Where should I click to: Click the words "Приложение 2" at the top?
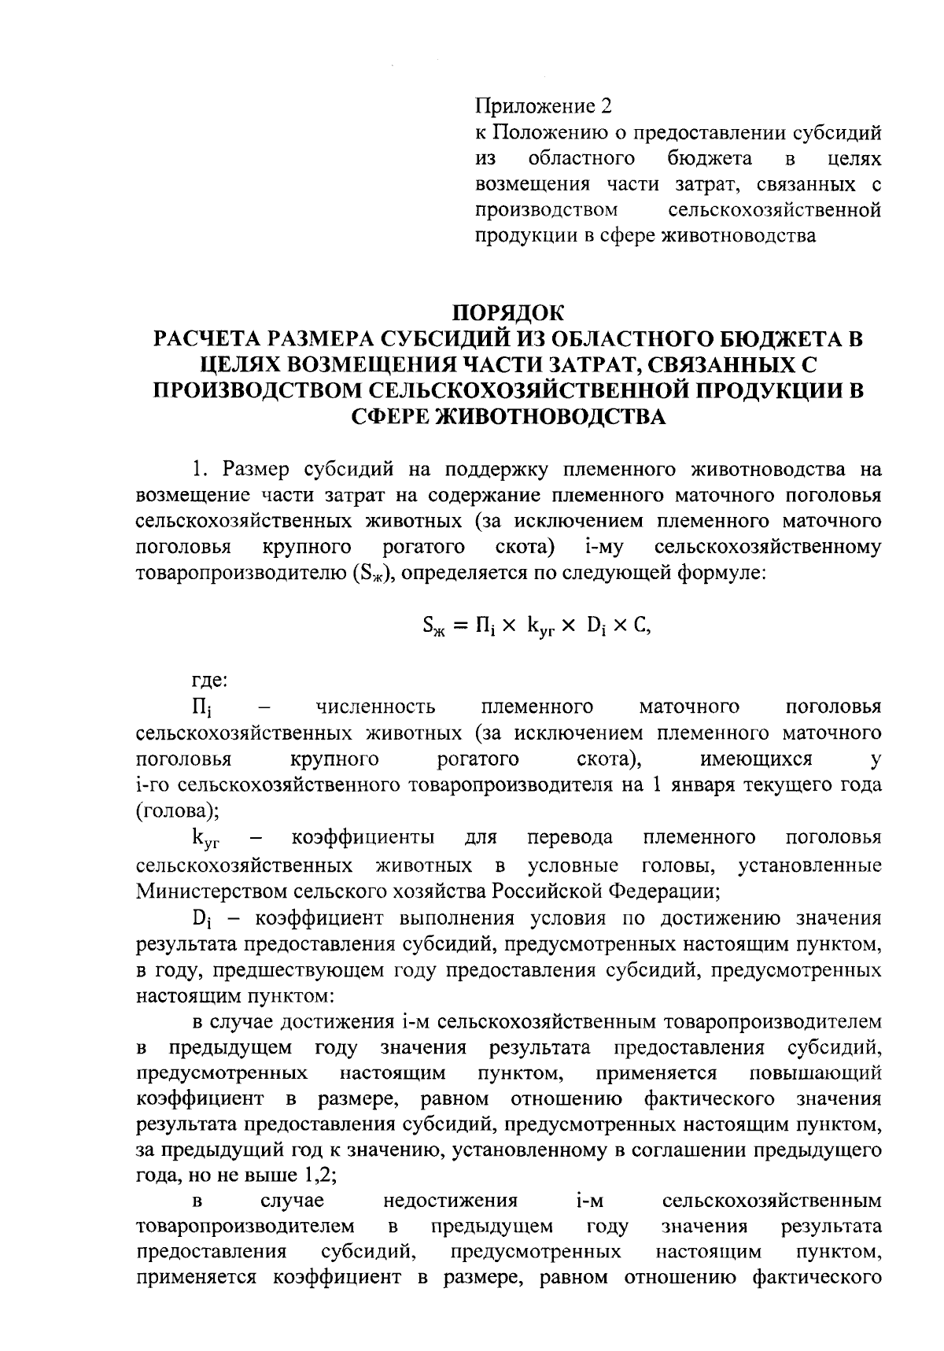click(543, 106)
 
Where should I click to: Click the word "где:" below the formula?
click(209, 679)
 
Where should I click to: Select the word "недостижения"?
click(450, 1201)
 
